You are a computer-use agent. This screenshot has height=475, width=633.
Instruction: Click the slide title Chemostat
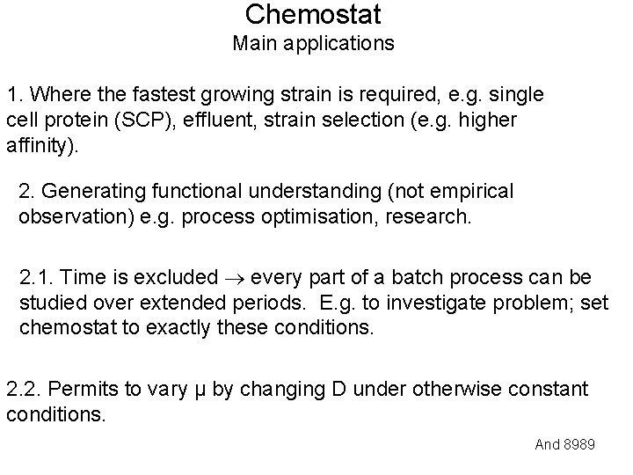click(314, 15)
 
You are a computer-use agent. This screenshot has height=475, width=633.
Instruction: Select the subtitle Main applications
click(314, 43)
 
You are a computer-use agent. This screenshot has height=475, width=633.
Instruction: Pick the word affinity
click(40, 144)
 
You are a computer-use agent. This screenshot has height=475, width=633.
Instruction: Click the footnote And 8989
click(564, 444)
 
